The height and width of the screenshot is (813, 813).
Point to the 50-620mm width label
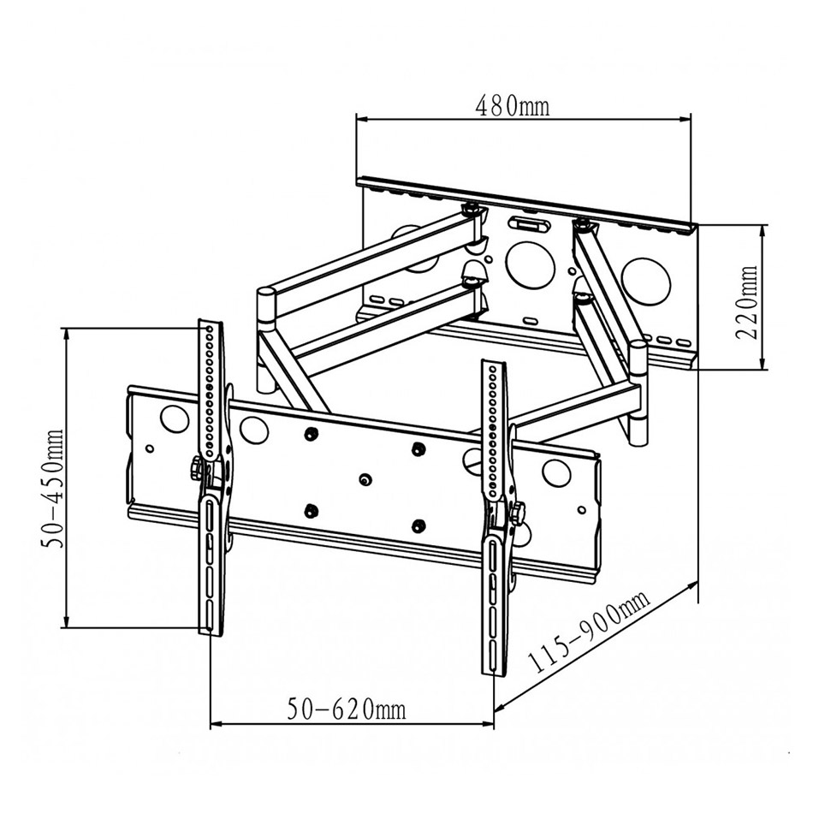(x=347, y=709)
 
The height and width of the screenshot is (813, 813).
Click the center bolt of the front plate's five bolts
(x=365, y=480)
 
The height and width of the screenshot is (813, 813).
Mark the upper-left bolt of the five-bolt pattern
(x=312, y=435)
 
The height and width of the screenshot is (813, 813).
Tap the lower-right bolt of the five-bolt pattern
(x=418, y=525)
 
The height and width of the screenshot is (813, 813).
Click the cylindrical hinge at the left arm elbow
(x=266, y=306)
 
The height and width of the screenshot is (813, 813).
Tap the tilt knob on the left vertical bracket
(x=196, y=468)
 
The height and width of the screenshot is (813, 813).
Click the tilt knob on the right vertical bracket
(x=519, y=514)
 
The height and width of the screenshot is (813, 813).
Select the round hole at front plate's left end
(x=174, y=418)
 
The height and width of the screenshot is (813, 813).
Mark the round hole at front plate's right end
(x=557, y=472)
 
